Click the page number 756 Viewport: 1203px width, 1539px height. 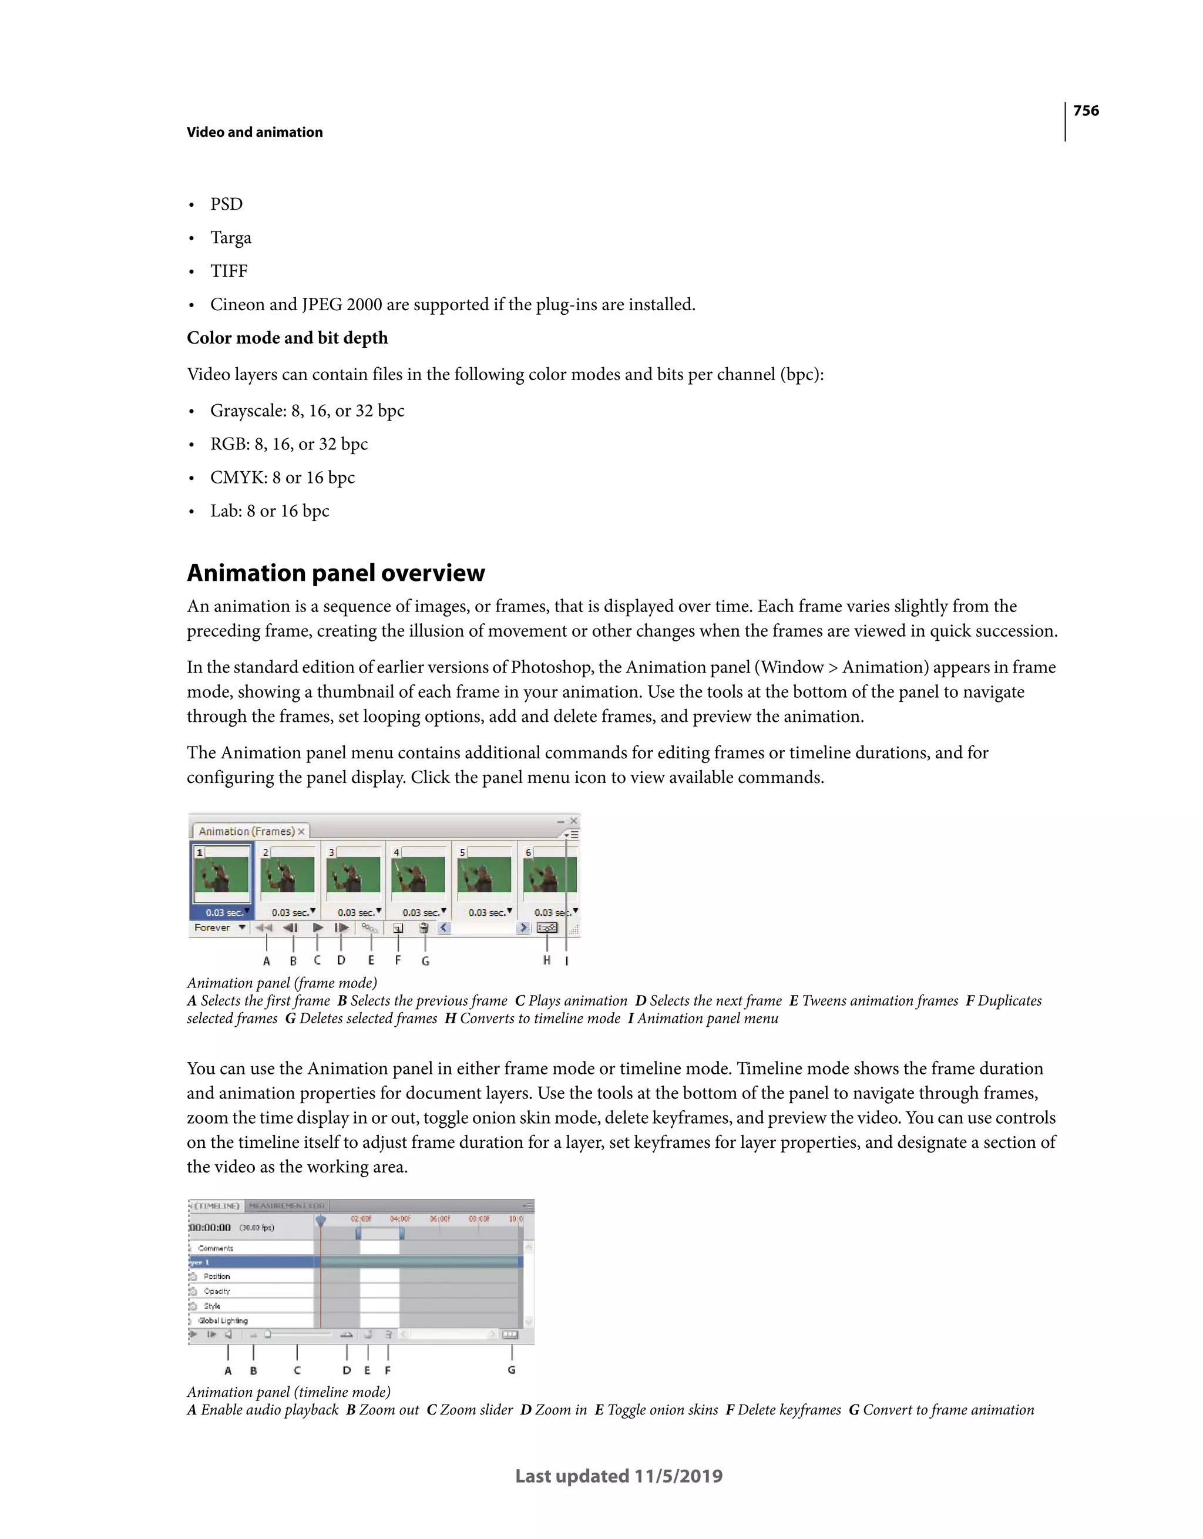(1086, 110)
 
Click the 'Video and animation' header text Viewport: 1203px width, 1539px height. (254, 133)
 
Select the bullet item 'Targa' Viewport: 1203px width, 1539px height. (230, 238)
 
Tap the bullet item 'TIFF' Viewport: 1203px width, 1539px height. (228, 271)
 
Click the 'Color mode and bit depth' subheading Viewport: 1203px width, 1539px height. (287, 338)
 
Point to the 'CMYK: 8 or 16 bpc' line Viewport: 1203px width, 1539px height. (282, 478)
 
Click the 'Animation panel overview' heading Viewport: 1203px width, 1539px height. (335, 573)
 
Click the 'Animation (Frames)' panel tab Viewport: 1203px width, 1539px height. (247, 832)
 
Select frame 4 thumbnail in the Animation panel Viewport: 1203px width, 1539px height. (419, 875)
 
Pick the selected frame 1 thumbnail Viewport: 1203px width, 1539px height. (221, 875)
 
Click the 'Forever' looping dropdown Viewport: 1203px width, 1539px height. (219, 928)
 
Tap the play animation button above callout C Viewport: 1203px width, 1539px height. (318, 928)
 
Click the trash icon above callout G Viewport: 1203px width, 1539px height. (424, 928)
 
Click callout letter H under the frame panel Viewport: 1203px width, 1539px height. (547, 960)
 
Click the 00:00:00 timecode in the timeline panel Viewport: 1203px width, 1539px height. (211, 1228)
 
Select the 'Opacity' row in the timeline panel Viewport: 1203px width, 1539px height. (217, 1291)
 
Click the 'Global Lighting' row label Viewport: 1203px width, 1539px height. (223, 1320)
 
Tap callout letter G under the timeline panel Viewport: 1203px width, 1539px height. (512, 1370)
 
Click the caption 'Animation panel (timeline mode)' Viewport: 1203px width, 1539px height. (288, 1392)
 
